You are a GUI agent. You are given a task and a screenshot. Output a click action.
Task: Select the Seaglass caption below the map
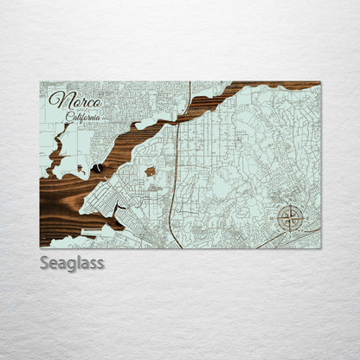click(72, 262)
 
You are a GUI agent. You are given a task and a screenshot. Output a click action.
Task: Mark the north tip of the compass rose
click(290, 204)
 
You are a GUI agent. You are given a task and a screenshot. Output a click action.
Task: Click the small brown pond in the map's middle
click(150, 171)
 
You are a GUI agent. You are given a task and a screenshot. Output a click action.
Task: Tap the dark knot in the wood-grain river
click(99, 167)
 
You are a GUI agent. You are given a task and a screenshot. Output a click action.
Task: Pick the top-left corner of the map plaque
click(41, 82)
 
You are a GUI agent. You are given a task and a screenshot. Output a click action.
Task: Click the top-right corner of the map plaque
click(320, 82)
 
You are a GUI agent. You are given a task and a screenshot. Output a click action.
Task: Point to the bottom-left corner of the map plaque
click(41, 247)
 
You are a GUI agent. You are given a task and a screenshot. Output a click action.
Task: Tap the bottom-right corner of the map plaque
click(320, 247)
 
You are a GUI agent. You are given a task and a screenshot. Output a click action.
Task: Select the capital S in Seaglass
click(45, 262)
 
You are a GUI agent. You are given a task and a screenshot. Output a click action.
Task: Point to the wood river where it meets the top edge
click(260, 86)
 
